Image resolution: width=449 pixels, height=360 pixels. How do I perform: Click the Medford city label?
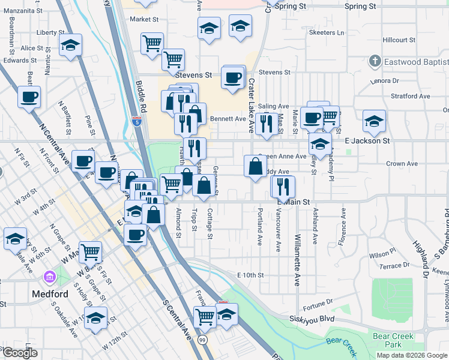tap(50, 294)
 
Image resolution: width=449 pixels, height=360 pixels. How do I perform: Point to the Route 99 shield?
tap(203, 340)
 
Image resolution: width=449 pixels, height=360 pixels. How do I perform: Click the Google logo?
tap(20, 353)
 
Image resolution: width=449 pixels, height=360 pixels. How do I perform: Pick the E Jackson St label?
tap(367, 140)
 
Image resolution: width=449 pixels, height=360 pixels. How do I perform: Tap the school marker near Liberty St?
tap(70, 46)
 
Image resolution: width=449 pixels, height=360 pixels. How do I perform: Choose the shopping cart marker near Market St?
tap(152, 43)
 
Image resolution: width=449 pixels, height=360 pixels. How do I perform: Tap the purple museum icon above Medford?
tap(49, 278)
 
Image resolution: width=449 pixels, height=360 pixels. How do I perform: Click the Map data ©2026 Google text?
tap(412, 355)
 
